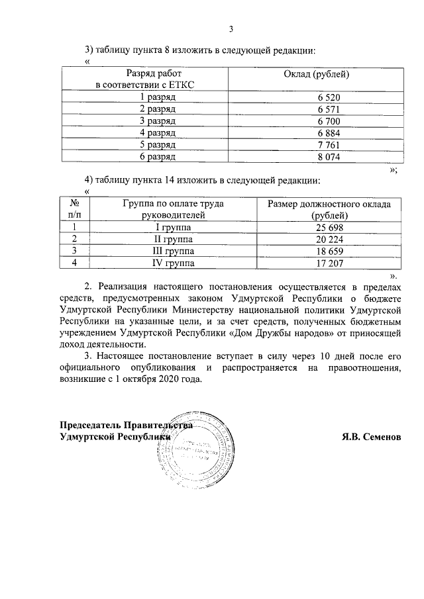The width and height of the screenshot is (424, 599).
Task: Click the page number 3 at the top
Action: (x=231, y=28)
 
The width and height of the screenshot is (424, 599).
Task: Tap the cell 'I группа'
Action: (x=170, y=228)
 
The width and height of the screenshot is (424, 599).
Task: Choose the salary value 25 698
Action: (x=329, y=228)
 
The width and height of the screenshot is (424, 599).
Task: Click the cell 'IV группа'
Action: (x=170, y=263)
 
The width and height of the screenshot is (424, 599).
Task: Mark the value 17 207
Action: (x=329, y=263)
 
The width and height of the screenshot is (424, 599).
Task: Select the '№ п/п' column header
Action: (x=75, y=210)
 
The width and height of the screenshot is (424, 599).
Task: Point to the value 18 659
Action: (x=329, y=252)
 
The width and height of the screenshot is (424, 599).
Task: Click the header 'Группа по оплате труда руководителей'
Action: (x=170, y=210)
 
